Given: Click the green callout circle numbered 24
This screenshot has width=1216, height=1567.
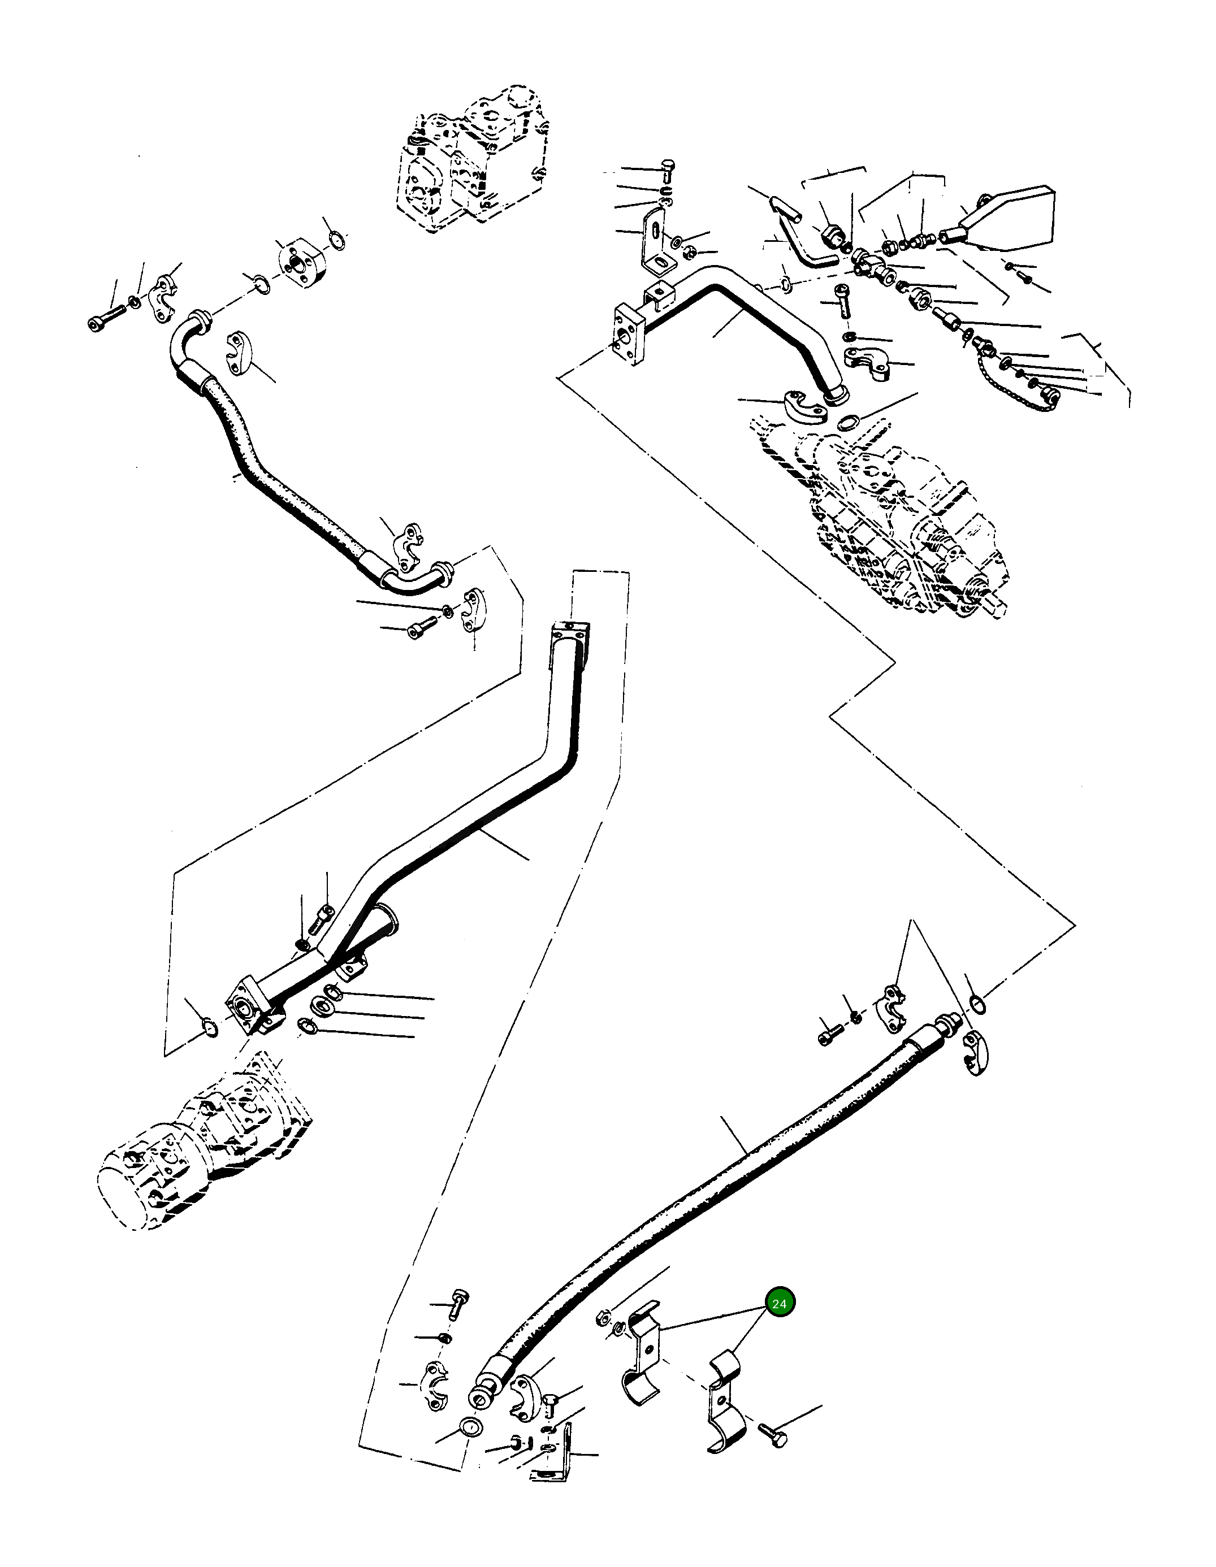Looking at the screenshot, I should (780, 1302).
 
